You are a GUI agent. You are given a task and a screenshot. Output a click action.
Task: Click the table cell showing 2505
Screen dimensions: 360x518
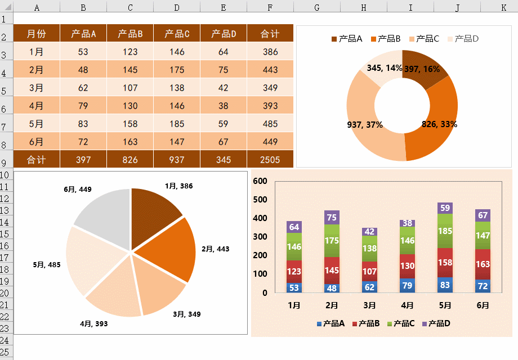[x=270, y=160]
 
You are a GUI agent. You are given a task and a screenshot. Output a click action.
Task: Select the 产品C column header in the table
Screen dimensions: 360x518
[x=177, y=34]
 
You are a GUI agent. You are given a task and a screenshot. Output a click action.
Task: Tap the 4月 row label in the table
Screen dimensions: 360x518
[x=37, y=106]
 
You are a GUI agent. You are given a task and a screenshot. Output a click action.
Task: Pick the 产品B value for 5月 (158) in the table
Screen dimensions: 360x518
[x=130, y=124]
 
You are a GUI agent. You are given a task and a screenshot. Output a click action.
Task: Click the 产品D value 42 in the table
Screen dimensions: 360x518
[x=224, y=88]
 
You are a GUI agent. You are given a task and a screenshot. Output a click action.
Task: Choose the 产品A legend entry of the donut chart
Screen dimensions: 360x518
[x=347, y=39]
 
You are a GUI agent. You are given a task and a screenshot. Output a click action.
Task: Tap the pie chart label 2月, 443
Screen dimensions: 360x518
[x=216, y=249]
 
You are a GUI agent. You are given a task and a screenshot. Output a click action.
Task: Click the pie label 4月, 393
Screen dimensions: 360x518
[x=94, y=324]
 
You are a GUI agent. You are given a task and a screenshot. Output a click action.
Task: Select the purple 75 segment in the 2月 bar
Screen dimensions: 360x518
[x=332, y=218]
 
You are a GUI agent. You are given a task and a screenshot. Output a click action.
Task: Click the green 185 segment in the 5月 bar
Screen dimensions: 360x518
[x=445, y=231]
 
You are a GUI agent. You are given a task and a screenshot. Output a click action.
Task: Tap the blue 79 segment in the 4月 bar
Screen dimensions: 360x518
[x=407, y=286]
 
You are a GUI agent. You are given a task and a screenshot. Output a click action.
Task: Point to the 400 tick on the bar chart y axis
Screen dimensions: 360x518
[x=260, y=218]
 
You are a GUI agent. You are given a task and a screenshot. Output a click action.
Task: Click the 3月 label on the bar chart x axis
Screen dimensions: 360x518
[x=369, y=305]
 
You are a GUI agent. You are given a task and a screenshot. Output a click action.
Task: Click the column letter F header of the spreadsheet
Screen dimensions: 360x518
[x=270, y=7]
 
